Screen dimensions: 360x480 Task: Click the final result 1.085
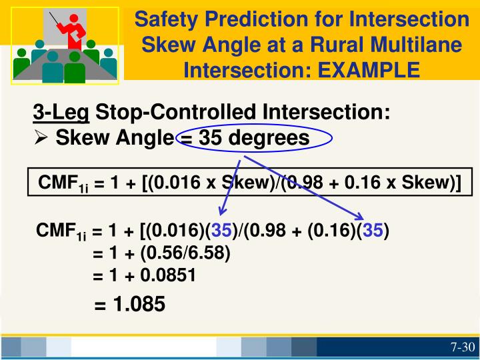click(x=139, y=305)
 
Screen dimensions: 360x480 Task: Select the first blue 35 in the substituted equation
click(x=221, y=232)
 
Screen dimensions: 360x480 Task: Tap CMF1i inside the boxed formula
click(x=62, y=183)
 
